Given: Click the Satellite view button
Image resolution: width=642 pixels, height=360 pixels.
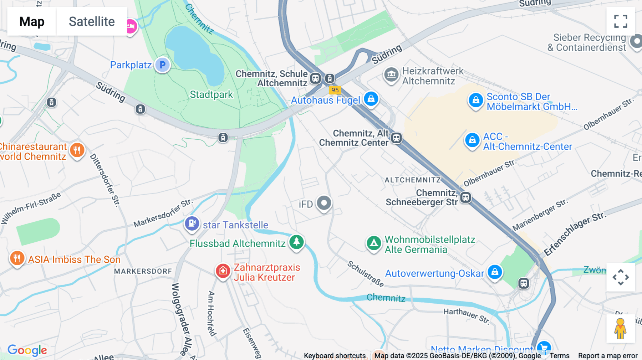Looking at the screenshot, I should pyautogui.click(x=92, y=21).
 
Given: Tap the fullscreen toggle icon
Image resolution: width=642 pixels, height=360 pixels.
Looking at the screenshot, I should pyautogui.click(x=621, y=21).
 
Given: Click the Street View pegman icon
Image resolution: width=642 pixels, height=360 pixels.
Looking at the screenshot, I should pyautogui.click(x=620, y=329).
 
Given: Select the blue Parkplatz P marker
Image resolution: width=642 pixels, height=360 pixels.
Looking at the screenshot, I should pyautogui.click(x=163, y=65).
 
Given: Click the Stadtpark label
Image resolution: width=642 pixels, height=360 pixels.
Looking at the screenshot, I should pyautogui.click(x=211, y=94).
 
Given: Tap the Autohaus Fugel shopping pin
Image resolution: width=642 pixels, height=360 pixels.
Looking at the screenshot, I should pyautogui.click(x=371, y=98).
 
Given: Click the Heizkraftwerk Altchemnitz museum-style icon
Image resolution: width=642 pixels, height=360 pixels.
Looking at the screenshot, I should pyautogui.click(x=391, y=74).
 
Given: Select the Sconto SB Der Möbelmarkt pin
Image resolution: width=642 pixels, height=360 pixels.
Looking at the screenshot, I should pyautogui.click(x=475, y=101).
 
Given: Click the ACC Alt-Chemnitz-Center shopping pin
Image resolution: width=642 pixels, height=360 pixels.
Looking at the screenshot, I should pyautogui.click(x=472, y=140).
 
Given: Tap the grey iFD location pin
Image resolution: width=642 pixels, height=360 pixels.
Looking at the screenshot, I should pyautogui.click(x=324, y=204).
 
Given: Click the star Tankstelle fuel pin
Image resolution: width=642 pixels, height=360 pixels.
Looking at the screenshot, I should pyautogui.click(x=192, y=224).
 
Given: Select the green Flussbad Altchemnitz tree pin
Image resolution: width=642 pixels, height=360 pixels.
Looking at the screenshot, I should pyautogui.click(x=296, y=242).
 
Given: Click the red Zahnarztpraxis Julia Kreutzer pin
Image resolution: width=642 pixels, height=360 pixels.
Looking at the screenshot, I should pyautogui.click(x=223, y=271).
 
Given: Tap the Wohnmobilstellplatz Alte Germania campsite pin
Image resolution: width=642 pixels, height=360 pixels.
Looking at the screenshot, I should pyautogui.click(x=374, y=243).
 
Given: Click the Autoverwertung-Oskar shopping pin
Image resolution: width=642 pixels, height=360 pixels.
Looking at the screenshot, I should pyautogui.click(x=495, y=272).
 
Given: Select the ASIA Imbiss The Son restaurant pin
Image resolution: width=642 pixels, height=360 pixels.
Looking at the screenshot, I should pyautogui.click(x=17, y=258).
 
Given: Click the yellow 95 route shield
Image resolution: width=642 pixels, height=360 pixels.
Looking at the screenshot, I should pyautogui.click(x=335, y=90).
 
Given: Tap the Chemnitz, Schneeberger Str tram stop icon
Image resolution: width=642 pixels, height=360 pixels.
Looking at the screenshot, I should pyautogui.click(x=465, y=197).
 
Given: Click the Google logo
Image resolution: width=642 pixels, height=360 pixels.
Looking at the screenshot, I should pyautogui.click(x=27, y=350).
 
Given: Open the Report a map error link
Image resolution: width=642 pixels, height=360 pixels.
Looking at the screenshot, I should pyautogui.click(x=608, y=356).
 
